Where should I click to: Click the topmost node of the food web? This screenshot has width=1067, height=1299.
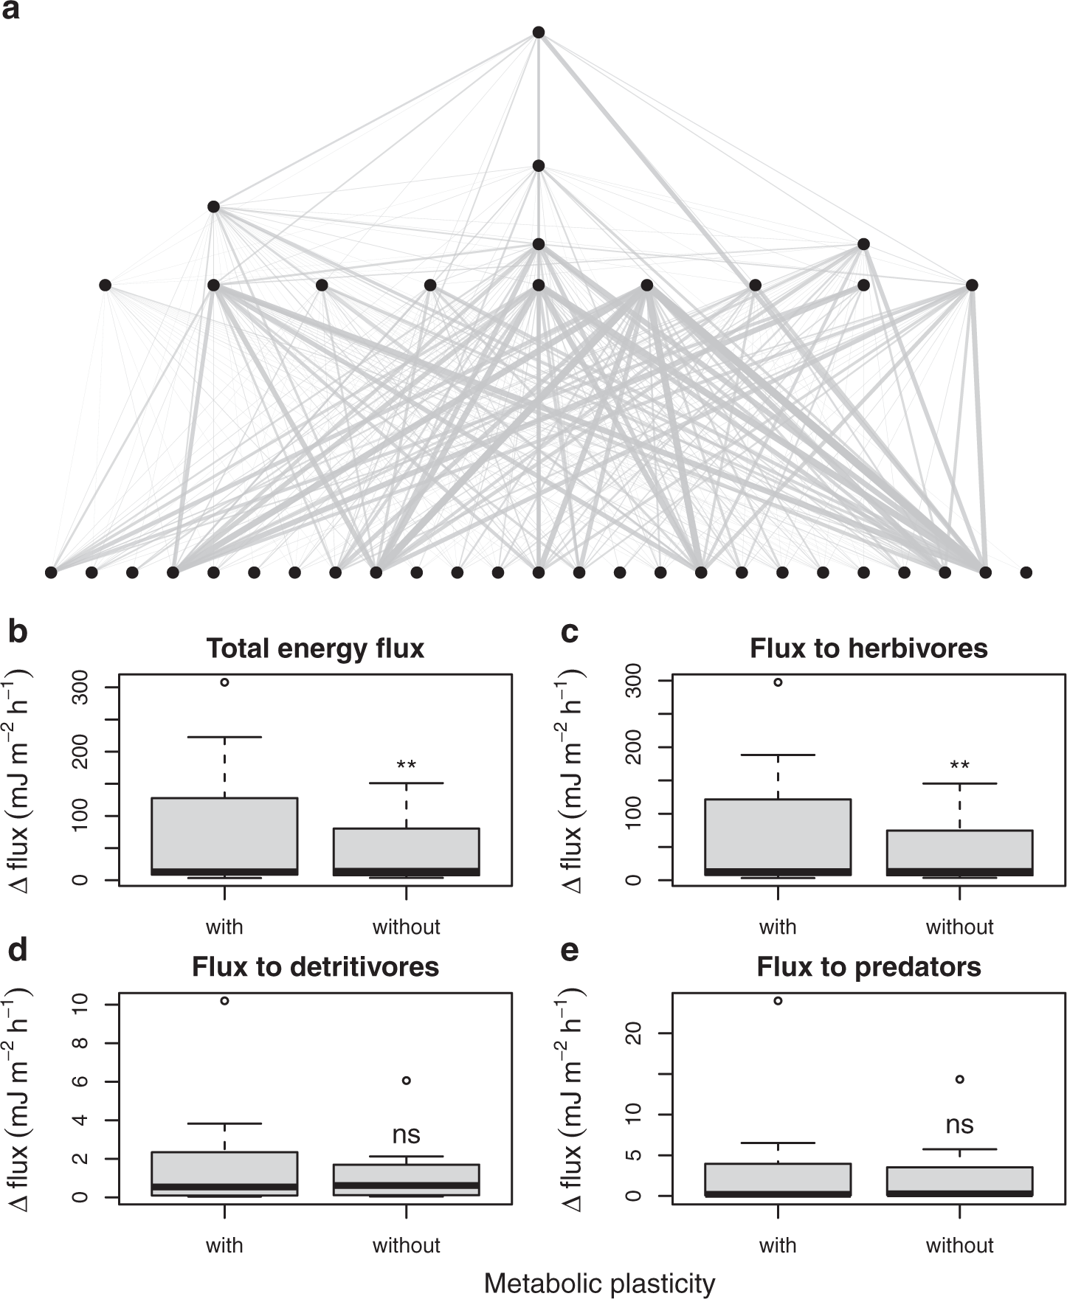coord(539,32)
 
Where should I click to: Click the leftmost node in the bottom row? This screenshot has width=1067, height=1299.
coord(51,572)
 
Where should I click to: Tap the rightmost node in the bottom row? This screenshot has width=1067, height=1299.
coord(1026,572)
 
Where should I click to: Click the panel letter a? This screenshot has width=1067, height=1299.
coord(11,10)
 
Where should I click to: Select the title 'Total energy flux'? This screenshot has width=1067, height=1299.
coord(315,648)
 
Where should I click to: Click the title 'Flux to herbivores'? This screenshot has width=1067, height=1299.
coord(869,648)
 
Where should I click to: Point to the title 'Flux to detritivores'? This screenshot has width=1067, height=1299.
coord(315,967)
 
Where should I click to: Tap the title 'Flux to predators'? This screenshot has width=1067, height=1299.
coord(869,967)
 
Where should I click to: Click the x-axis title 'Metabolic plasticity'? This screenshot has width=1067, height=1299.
coord(599,1284)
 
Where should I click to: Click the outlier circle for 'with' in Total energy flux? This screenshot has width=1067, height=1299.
coord(224,682)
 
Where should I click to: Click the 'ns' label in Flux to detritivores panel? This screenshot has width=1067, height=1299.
coord(406,1135)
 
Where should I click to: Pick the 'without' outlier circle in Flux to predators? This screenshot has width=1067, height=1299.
coord(959,1079)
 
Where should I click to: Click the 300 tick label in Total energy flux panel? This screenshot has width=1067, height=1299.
coord(82,687)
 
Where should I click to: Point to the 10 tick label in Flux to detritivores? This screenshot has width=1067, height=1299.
coord(82,1005)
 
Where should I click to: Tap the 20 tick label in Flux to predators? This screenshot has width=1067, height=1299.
coord(634,1033)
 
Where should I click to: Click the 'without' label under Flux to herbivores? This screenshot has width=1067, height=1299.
coord(959,927)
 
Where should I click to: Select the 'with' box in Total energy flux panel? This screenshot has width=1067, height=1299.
coord(224,836)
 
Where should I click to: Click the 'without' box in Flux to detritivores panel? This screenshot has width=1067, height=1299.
coord(406,1180)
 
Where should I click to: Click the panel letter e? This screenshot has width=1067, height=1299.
coord(569,951)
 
